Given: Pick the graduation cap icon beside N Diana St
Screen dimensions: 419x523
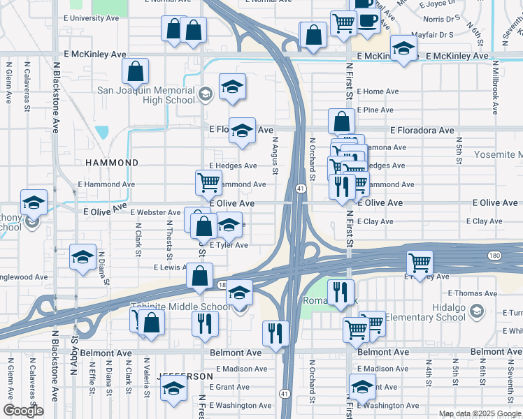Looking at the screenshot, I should [x=83, y=257].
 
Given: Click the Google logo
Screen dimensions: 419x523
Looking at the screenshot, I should [x=23, y=411].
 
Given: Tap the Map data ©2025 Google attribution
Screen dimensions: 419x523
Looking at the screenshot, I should [x=479, y=413].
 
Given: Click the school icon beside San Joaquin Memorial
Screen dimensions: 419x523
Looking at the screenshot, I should [x=205, y=93].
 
